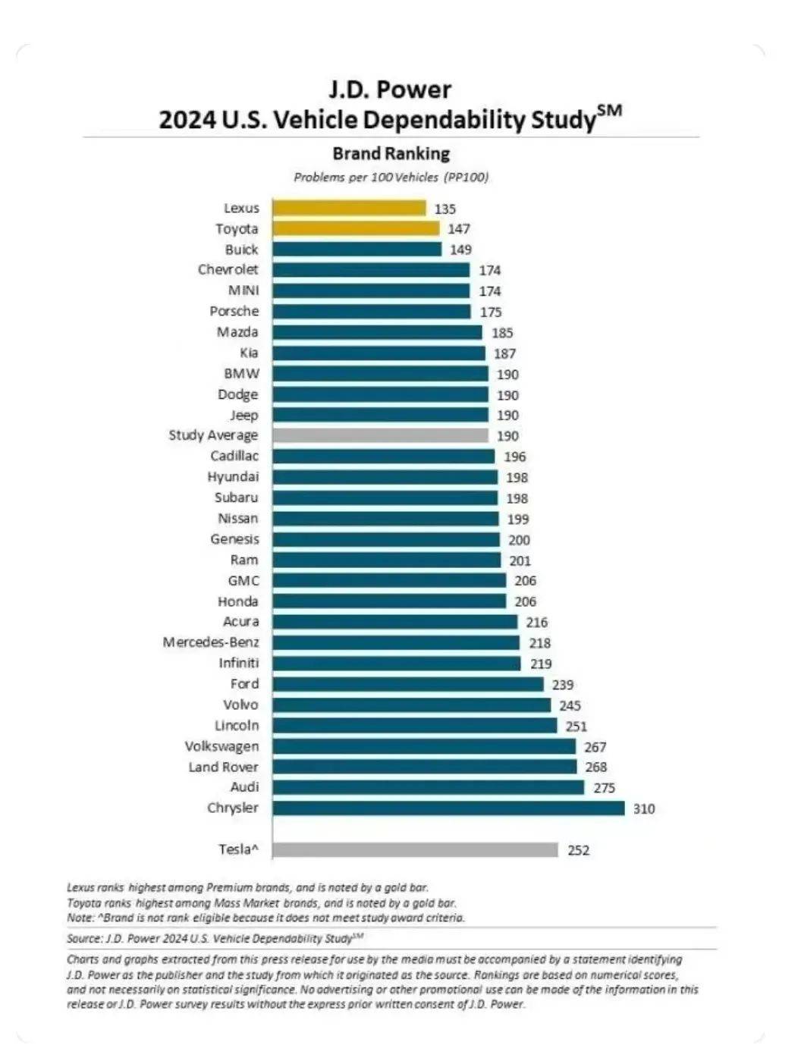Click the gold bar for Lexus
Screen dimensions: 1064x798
[x=349, y=208]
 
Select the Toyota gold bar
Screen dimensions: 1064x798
[x=356, y=228]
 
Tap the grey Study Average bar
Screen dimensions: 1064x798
[x=380, y=435]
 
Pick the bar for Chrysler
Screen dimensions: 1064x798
[x=448, y=808]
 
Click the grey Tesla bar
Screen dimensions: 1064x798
[x=415, y=849]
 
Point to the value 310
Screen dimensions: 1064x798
[x=644, y=808]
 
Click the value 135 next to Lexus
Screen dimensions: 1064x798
[x=445, y=209]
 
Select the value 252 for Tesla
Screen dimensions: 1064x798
[x=578, y=850]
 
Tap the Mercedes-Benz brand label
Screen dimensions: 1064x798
[x=210, y=642]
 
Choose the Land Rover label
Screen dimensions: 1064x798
[x=223, y=767]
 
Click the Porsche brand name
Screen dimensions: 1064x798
[x=234, y=311]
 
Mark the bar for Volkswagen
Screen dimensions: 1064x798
[x=424, y=746]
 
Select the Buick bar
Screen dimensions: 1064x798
[x=357, y=249]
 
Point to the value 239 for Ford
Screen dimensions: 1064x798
[x=563, y=685]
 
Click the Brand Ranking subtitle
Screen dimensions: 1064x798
[x=391, y=153]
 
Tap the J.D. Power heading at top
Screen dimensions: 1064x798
[x=390, y=90]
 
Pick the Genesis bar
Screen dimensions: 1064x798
[x=386, y=539]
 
